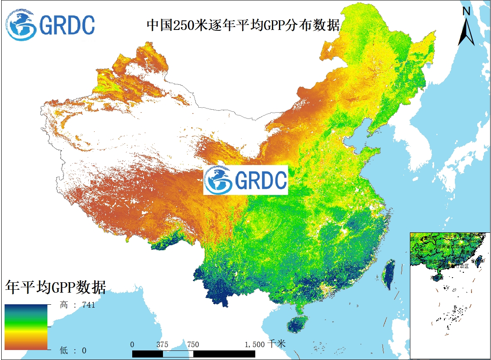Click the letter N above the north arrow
coord(466,12)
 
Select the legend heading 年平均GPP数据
coord(56,287)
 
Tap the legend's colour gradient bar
coord(26,327)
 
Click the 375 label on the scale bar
coord(162,345)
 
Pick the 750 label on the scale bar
coord(193,345)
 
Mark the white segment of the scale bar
coord(178,353)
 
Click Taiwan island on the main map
coord(389,274)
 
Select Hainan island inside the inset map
coord(437,276)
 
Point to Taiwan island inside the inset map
coord(478,261)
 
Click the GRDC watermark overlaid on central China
coord(245,180)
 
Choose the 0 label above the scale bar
coord(132,345)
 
